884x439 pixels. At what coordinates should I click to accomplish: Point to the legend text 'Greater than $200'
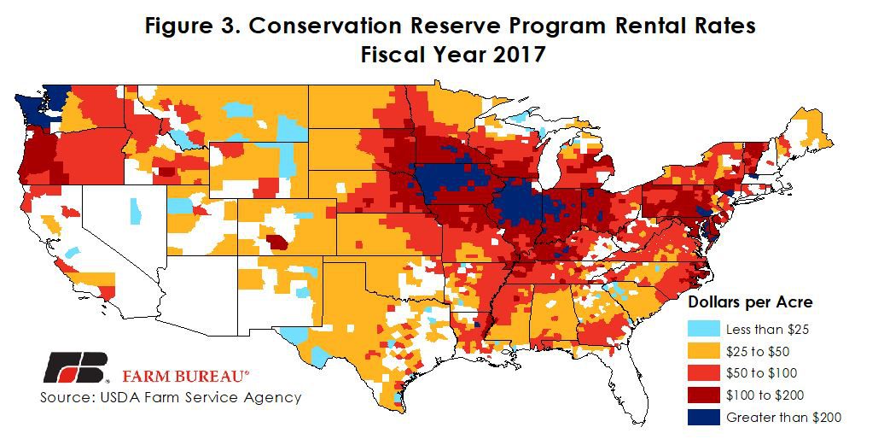click(x=783, y=417)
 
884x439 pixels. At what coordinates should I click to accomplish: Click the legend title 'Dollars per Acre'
click(x=750, y=302)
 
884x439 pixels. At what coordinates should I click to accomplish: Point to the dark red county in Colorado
click(x=276, y=242)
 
